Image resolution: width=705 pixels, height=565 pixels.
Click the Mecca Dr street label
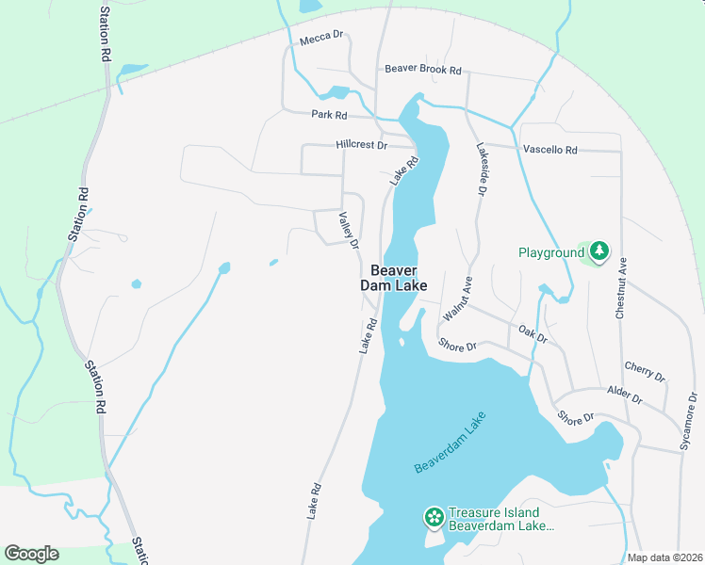[321, 39]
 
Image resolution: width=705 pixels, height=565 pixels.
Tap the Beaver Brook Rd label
[423, 70]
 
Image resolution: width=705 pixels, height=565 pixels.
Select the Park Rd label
[329, 115]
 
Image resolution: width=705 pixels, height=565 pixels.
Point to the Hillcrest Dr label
[361, 146]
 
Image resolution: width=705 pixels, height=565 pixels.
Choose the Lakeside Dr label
[482, 169]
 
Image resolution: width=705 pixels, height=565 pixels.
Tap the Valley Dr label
[349, 230]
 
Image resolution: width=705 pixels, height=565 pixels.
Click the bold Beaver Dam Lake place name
[393, 277]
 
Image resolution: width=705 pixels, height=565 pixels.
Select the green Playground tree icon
[599, 251]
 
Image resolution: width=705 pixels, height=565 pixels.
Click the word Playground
[551, 253]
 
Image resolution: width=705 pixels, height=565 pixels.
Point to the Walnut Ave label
[457, 296]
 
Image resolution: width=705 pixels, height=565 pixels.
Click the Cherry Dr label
[645, 370]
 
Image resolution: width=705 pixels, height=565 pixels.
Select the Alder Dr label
[625, 395]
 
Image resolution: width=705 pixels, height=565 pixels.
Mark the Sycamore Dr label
[689, 425]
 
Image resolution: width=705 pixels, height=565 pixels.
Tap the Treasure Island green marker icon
[434, 516]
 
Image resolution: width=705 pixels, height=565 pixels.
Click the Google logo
[31, 554]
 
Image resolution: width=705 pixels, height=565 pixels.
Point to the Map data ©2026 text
[664, 557]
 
